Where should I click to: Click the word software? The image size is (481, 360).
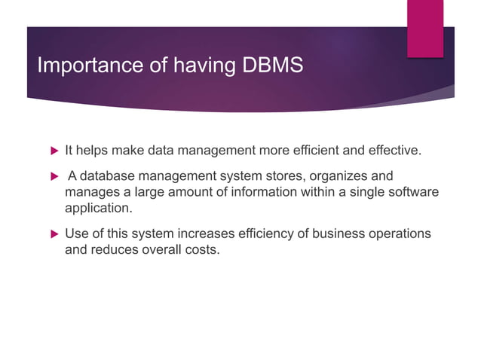[x=413, y=193]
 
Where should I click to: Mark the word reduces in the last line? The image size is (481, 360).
[x=115, y=250]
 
